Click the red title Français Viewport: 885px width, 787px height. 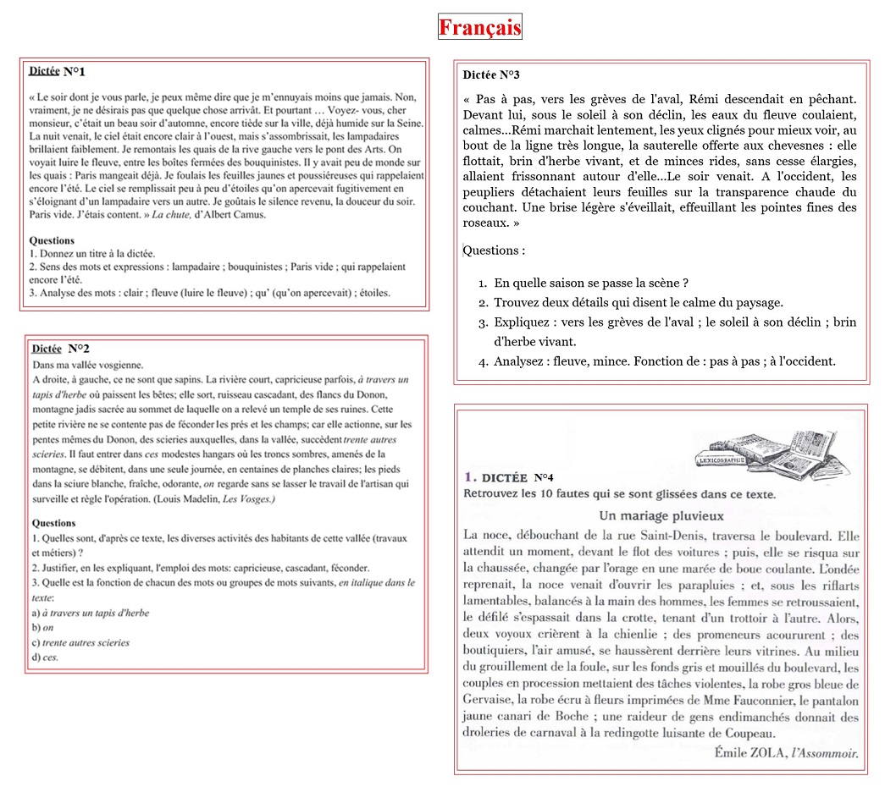pyautogui.click(x=479, y=27)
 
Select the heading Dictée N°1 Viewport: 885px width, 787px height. pyautogui.click(x=57, y=71)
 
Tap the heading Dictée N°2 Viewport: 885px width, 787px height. pyautogui.click(x=60, y=349)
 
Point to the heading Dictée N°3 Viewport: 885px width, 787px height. pyautogui.click(x=491, y=75)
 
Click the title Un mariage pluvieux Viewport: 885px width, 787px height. pyautogui.click(x=661, y=515)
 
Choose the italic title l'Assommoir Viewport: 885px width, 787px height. pyautogui.click(x=824, y=752)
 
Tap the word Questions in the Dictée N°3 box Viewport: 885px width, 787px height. pyautogui.click(x=494, y=250)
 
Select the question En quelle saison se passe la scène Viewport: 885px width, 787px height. pyautogui.click(x=590, y=283)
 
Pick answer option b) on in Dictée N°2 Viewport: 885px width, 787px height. pyautogui.click(x=42, y=627)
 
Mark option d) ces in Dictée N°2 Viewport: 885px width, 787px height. pyautogui.click(x=45, y=658)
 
